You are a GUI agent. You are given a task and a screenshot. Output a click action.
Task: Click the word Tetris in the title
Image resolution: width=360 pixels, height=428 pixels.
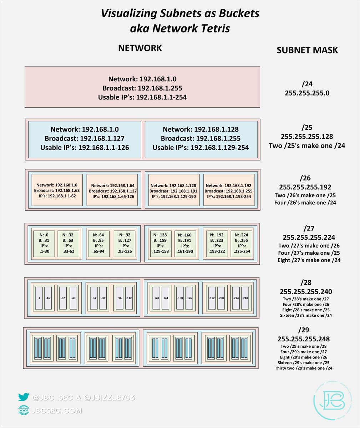coord(212,28)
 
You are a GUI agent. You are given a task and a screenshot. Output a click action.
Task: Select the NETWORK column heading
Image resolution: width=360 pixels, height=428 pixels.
coord(140,48)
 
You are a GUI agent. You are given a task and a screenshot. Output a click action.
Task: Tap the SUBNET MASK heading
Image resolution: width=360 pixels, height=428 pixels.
coord(307,50)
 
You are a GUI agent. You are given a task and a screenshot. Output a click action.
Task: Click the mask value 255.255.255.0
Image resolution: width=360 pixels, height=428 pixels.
coord(307,93)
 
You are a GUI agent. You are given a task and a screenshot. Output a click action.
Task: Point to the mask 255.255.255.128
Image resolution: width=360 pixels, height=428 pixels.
coord(307,136)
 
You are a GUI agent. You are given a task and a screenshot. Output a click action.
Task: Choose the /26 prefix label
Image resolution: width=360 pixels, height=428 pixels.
coord(306,178)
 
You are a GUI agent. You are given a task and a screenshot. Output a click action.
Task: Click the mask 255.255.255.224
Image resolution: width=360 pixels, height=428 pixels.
coord(309,237)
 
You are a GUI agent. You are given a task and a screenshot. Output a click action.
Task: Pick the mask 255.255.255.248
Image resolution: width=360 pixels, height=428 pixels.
coord(303,339)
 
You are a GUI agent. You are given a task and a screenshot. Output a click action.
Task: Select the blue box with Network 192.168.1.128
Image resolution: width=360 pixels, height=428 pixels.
coord(201,139)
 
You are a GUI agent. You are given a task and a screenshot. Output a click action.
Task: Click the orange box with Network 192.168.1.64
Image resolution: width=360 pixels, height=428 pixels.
coord(112,190)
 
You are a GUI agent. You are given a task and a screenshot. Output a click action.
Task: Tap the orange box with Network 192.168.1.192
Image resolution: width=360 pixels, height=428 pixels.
coord(229,190)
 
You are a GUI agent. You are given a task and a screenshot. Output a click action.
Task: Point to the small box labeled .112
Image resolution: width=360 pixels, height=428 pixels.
coord(129,298)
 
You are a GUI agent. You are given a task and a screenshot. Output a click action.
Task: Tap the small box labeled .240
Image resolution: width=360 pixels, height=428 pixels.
coord(245,298)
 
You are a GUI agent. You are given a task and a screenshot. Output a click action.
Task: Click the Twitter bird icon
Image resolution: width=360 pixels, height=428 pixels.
coord(24,397)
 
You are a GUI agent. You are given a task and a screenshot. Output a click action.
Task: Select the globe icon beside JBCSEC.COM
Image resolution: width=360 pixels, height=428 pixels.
coord(24,411)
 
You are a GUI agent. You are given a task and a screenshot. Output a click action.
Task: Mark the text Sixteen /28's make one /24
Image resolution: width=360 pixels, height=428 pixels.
coord(306,315)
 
